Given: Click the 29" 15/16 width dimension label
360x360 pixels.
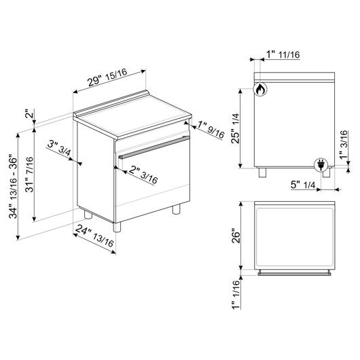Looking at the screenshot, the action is tap(107, 77).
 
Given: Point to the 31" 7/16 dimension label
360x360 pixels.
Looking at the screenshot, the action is tap(29, 175).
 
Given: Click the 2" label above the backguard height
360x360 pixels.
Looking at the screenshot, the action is tap(30, 113).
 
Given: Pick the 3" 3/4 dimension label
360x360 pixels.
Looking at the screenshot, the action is tap(59, 148).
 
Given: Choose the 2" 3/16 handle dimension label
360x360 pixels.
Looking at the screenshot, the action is tap(143, 175).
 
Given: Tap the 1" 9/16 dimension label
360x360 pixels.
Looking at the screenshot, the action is tap(211, 130).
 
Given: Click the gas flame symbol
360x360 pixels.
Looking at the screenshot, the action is tap(260, 89).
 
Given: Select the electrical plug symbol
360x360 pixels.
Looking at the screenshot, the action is tap(321, 165).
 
